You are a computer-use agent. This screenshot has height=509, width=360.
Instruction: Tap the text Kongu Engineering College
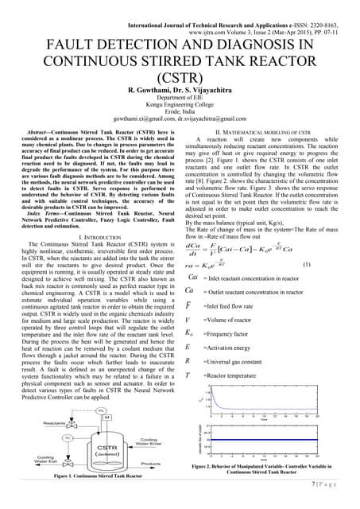tap(179, 104)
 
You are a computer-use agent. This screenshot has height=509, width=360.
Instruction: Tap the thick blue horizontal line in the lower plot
tap(262, 437)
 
